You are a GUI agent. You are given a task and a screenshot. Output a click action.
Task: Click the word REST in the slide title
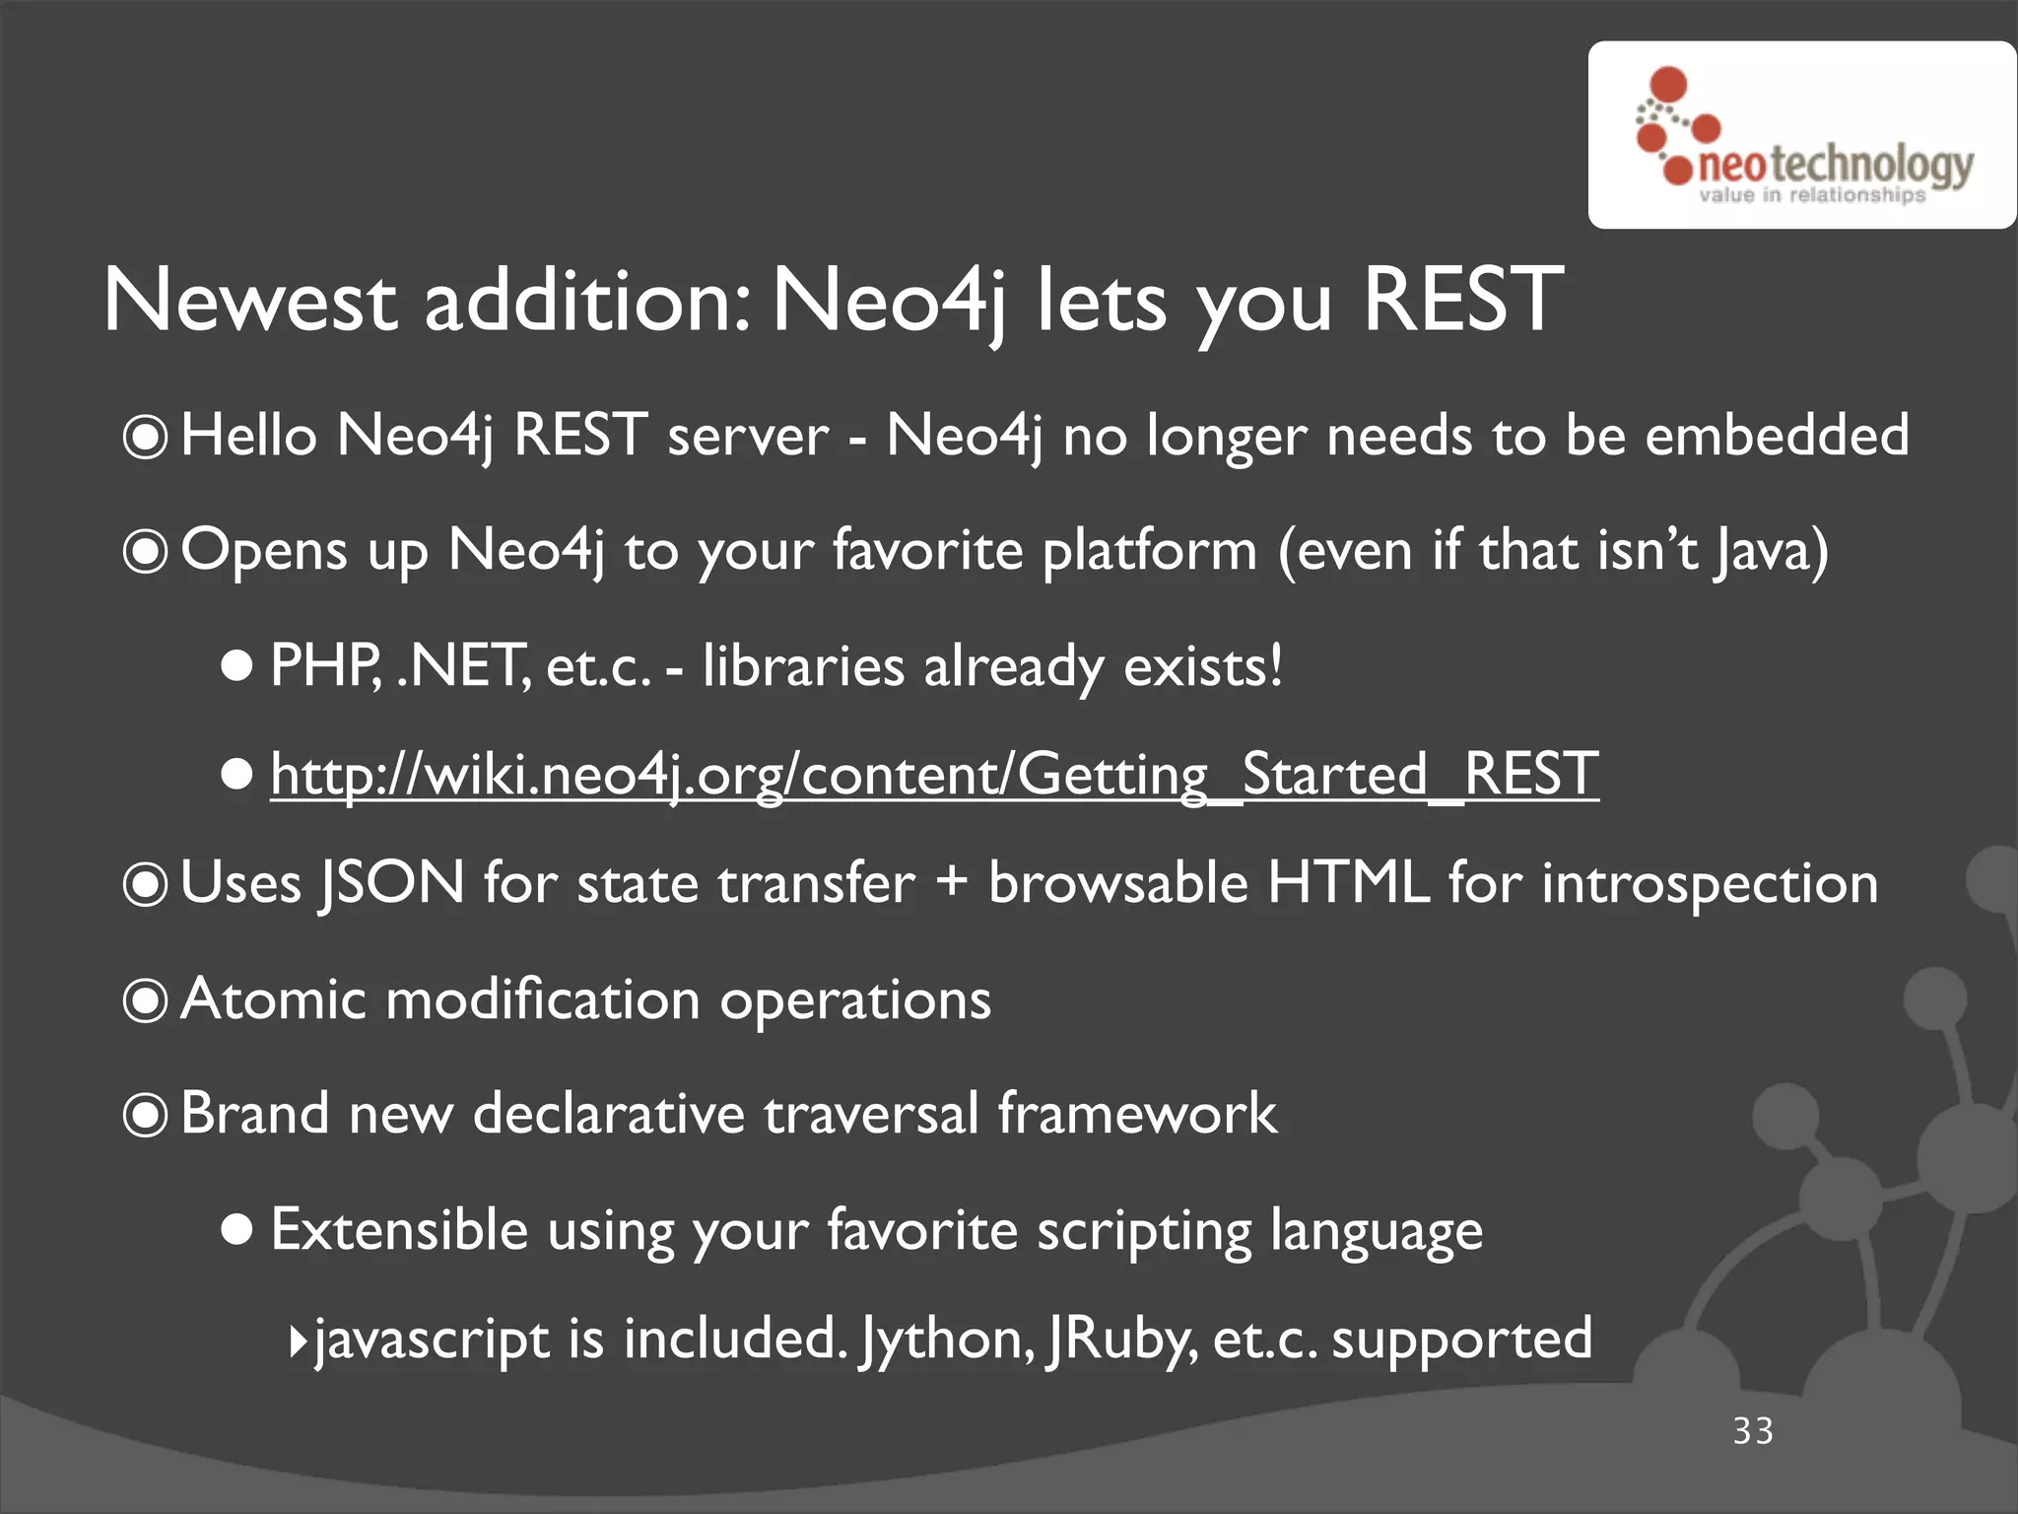point(1462,300)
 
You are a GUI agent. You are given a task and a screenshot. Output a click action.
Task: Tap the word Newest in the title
point(250,300)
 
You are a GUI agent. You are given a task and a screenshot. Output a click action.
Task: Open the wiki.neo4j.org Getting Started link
point(933,775)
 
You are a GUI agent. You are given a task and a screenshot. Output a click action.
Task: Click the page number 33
point(1753,1431)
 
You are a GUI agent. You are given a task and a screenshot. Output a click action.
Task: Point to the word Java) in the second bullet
point(1770,550)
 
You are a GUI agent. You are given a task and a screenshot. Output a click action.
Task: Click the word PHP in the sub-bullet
point(324,666)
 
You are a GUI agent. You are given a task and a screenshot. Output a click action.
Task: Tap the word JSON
point(390,883)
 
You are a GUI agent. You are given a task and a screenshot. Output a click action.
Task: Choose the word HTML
point(1347,883)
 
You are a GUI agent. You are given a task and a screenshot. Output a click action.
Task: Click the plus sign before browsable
point(951,881)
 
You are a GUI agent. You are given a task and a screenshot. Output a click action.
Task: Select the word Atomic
point(274,999)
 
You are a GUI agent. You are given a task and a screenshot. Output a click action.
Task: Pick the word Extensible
point(399,1230)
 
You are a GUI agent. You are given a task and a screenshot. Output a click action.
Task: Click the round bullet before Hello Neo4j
point(146,438)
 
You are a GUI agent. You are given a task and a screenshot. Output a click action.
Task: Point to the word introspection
point(1709,883)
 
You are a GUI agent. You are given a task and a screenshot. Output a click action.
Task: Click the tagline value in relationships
point(1811,195)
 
